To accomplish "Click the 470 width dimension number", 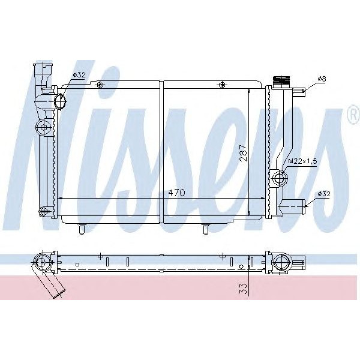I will pyautogui.click(x=176, y=193).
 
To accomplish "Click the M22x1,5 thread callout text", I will pyautogui.click(x=302, y=161).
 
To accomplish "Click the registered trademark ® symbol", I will pyautogui.click(x=351, y=116).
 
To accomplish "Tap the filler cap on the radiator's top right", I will pyautogui.click(x=280, y=81).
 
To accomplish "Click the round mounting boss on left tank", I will pyautogui.click(x=43, y=127).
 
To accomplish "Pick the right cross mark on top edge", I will pyautogui.click(x=223, y=85).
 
